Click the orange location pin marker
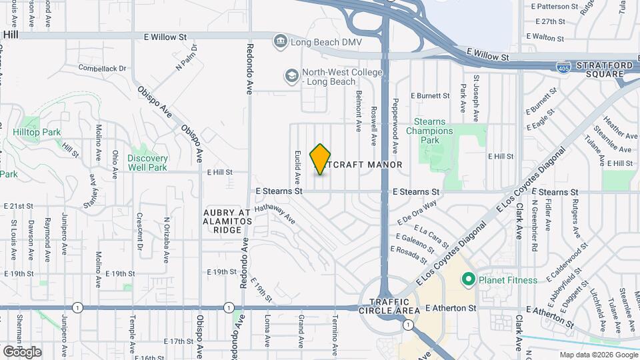click(321, 159)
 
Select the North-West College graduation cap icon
click(291, 76)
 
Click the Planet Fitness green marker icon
click(469, 279)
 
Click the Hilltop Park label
click(37, 132)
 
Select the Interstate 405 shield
click(563, 67)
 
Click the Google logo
click(22, 351)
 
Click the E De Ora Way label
click(417, 211)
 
